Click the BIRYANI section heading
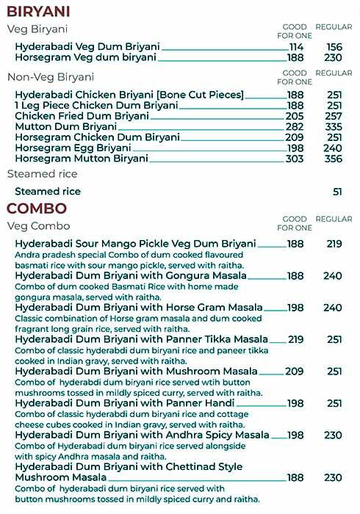[38, 11]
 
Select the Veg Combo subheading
[38, 226]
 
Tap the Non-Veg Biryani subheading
[51, 77]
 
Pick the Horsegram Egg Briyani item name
[73, 148]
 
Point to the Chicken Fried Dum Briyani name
[82, 116]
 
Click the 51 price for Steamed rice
[337, 192]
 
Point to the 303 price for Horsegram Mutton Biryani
[295, 159]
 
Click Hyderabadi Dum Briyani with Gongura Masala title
[131, 276]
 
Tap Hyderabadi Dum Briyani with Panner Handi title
[124, 404]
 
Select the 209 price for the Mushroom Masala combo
[295, 372]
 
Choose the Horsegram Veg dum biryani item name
[86, 57]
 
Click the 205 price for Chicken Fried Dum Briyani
[295, 116]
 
